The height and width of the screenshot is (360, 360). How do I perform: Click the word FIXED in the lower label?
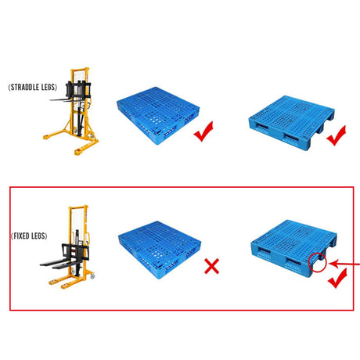point(21,236)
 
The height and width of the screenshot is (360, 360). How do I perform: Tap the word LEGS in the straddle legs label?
point(49,87)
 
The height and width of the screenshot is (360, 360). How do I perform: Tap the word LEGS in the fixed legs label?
point(38,236)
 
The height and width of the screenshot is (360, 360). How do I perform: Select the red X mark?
point(211,266)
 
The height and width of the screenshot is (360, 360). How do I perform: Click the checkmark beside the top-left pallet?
point(203,131)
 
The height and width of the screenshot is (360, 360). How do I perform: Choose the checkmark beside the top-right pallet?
point(337,135)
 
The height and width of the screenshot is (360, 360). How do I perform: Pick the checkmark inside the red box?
point(337,278)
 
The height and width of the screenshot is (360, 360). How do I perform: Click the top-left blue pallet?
point(158,115)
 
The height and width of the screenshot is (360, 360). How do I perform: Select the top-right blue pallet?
point(291,122)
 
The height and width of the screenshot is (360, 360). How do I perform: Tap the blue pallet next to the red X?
point(160,250)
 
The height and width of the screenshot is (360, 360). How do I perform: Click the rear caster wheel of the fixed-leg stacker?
point(92,276)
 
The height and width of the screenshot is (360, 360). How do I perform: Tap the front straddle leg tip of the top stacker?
point(77,152)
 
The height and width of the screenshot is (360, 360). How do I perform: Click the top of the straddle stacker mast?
point(80,70)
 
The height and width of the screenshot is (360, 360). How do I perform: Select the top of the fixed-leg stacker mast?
point(78,207)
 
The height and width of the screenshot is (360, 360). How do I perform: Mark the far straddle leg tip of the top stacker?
point(47,136)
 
